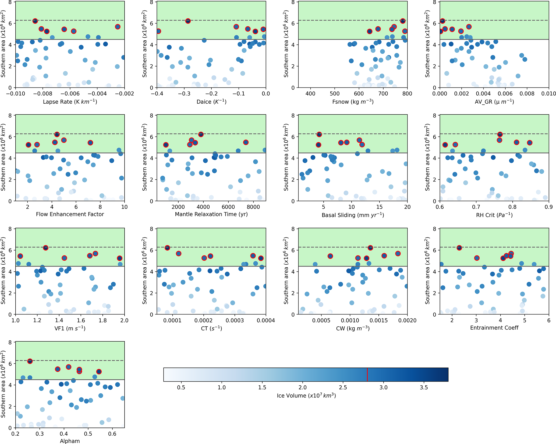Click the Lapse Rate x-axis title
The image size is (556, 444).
click(70, 102)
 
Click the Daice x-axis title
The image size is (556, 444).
click(211, 102)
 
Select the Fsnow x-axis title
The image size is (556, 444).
click(353, 102)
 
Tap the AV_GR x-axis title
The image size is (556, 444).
click(494, 102)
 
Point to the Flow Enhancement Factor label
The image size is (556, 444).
click(70, 214)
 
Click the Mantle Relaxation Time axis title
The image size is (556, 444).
click(211, 214)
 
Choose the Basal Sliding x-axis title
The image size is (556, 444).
click(353, 215)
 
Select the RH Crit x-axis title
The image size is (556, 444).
click(494, 215)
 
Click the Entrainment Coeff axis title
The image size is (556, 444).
click(494, 328)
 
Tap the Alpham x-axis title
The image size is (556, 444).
click(70, 441)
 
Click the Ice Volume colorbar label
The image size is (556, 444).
click(306, 396)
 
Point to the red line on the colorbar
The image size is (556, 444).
click(367, 375)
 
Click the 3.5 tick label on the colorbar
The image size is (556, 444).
click(424, 387)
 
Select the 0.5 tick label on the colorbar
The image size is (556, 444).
click(181, 387)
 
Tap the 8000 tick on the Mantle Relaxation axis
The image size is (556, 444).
click(253, 207)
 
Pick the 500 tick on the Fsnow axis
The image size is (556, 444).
click(335, 94)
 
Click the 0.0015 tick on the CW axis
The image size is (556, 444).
click(378, 320)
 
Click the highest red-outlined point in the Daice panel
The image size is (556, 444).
click(188, 21)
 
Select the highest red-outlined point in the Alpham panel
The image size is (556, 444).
click(30, 361)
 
